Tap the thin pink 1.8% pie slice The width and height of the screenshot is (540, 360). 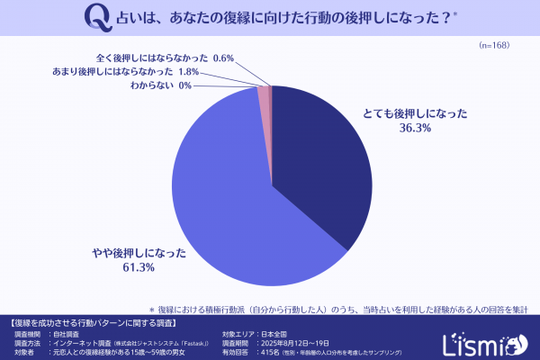[x=264, y=91]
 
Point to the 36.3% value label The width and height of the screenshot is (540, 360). [x=406, y=129]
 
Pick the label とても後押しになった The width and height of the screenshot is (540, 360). [x=406, y=114]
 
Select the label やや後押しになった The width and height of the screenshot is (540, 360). [x=138, y=253]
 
